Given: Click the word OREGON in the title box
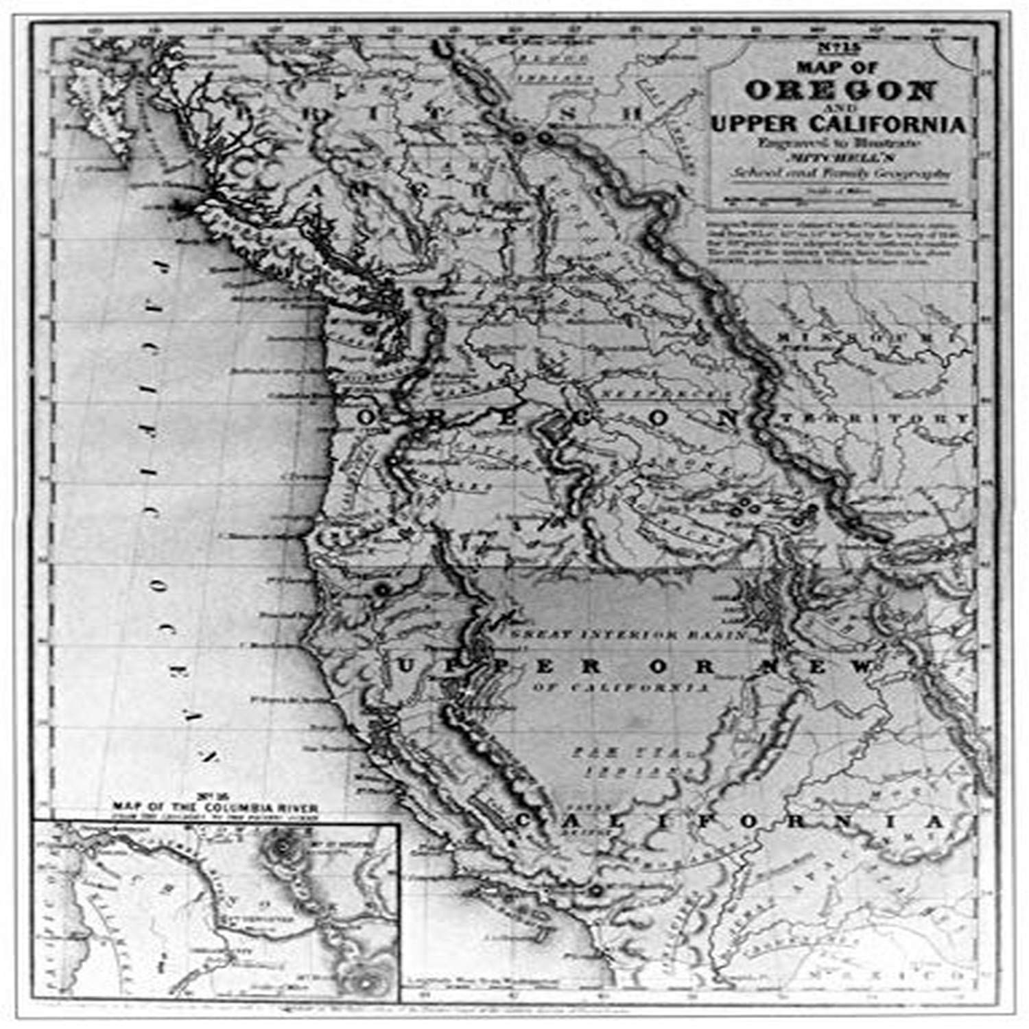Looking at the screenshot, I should pyautogui.click(x=840, y=90).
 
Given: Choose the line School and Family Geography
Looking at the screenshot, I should pyautogui.click(x=840, y=173).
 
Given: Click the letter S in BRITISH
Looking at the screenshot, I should pyautogui.click(x=567, y=115).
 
